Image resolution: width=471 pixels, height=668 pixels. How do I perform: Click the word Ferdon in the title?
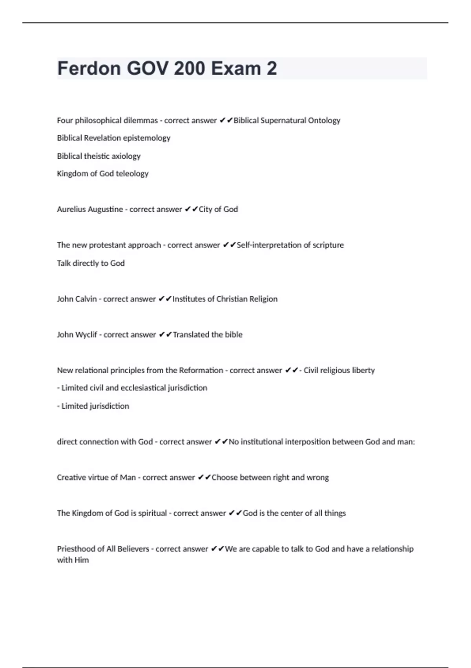click(x=89, y=69)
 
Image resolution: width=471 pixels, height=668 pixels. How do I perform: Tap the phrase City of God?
click(x=218, y=209)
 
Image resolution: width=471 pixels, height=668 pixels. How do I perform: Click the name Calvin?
click(x=88, y=299)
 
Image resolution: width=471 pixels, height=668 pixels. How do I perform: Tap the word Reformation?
click(x=201, y=371)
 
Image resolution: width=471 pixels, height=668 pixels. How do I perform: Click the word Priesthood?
click(x=76, y=549)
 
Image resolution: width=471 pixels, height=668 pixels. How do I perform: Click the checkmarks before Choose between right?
click(x=204, y=477)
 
